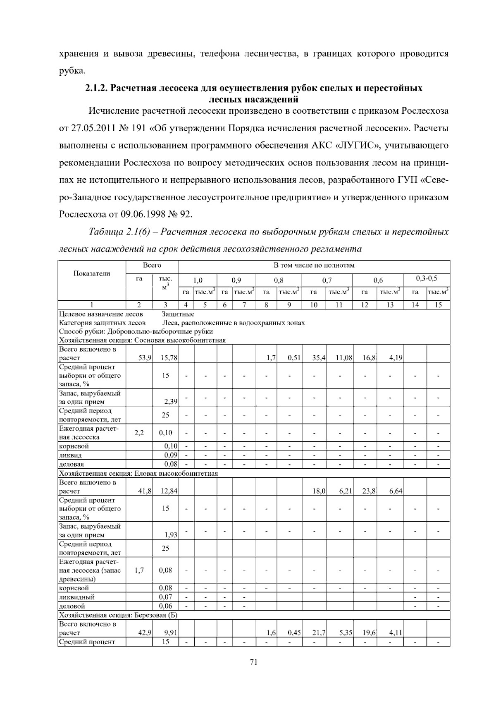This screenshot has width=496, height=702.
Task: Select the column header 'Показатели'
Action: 92,273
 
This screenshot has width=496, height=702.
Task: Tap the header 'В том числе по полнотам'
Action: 314,265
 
